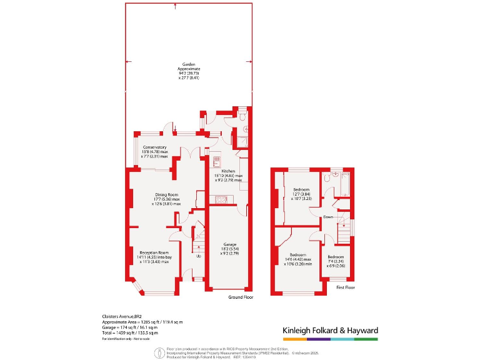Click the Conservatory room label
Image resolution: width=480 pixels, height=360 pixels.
click(155, 151)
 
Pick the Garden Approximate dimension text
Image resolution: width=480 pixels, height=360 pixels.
click(189, 71)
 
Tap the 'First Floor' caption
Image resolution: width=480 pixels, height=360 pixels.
click(345, 287)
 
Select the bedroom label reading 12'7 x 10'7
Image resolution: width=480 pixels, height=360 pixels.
click(301, 193)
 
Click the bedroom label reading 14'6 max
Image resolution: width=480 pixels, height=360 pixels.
click(297, 259)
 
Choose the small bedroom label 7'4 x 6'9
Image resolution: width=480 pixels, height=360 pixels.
click(336, 261)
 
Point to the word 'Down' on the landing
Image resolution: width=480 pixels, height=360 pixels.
click(328, 217)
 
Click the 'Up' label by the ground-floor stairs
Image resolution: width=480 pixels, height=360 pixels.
click(199, 256)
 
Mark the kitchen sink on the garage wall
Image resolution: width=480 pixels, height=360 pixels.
click(221, 200)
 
